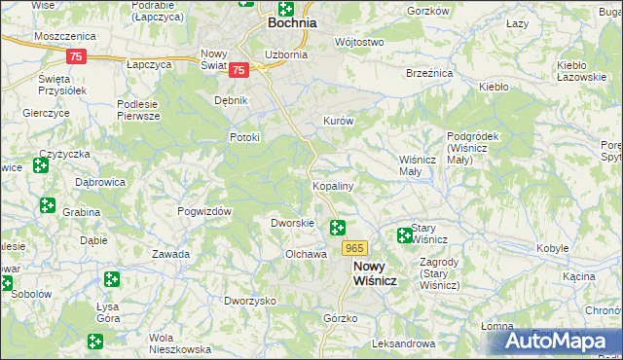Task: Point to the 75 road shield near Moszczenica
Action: tap(77, 57)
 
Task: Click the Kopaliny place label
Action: tap(332, 185)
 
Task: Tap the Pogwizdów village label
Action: tap(203, 211)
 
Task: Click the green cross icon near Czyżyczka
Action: tap(41, 165)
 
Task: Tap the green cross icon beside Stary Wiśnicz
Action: tap(405, 234)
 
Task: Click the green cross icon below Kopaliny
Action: tap(338, 228)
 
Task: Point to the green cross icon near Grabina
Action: tap(47, 204)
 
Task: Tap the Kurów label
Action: tap(337, 121)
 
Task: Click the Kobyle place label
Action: tap(552, 248)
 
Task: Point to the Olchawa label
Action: tap(305, 254)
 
